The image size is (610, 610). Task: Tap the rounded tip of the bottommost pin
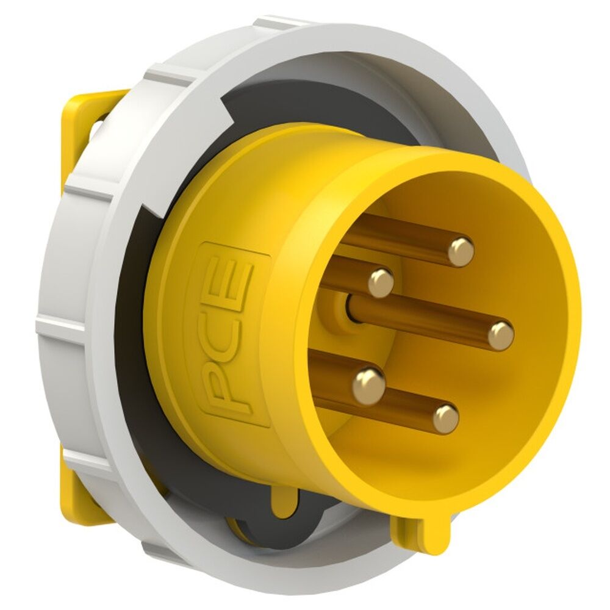coord(445,418)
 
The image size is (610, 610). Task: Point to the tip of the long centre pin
coord(501,335)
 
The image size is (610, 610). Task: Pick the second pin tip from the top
coord(381,282)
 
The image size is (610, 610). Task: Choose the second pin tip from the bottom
coord(369,383)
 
